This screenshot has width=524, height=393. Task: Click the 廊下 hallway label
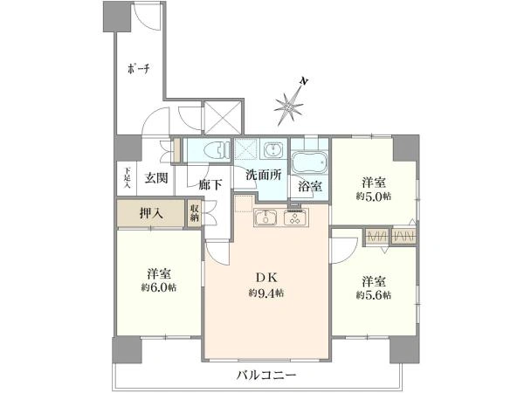(x=210, y=184)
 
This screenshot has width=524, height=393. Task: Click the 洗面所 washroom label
(x=263, y=174)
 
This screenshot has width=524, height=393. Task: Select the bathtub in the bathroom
(x=309, y=162)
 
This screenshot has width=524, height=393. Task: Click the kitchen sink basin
(x=266, y=218)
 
